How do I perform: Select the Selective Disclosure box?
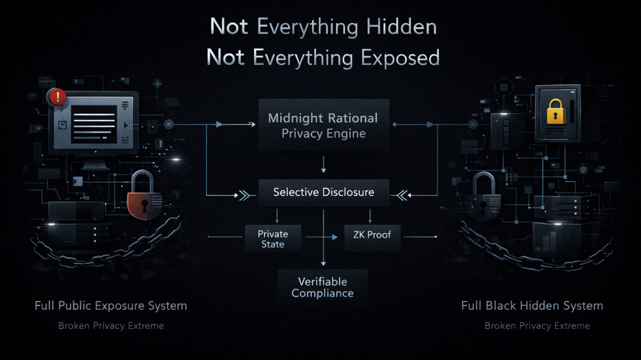click(x=323, y=192)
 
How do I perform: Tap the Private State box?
click(x=273, y=238)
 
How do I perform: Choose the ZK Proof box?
click(x=372, y=235)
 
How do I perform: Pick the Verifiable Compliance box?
click(x=323, y=287)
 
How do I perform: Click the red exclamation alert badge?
click(x=57, y=97)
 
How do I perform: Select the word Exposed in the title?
click(x=403, y=57)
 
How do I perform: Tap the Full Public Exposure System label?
click(x=111, y=306)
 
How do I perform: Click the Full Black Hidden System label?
click(x=532, y=306)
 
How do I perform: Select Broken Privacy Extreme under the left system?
click(x=111, y=326)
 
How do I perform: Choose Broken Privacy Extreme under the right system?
click(x=537, y=326)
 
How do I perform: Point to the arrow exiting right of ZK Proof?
click(x=420, y=236)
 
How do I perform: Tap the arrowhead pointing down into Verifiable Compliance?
click(x=324, y=263)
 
